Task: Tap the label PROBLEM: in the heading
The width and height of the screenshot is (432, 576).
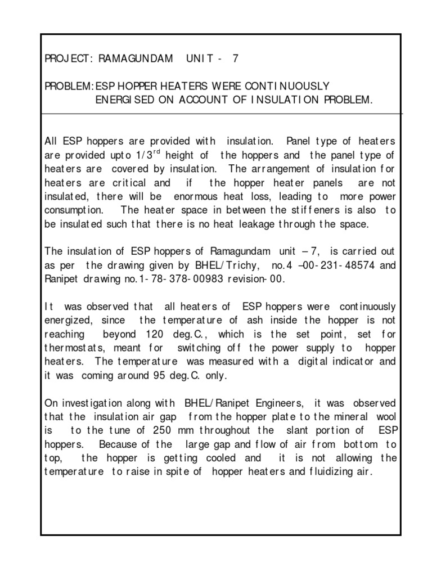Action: pyautogui.click(x=69, y=86)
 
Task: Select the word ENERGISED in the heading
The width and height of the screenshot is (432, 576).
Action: pyautogui.click(x=126, y=100)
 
